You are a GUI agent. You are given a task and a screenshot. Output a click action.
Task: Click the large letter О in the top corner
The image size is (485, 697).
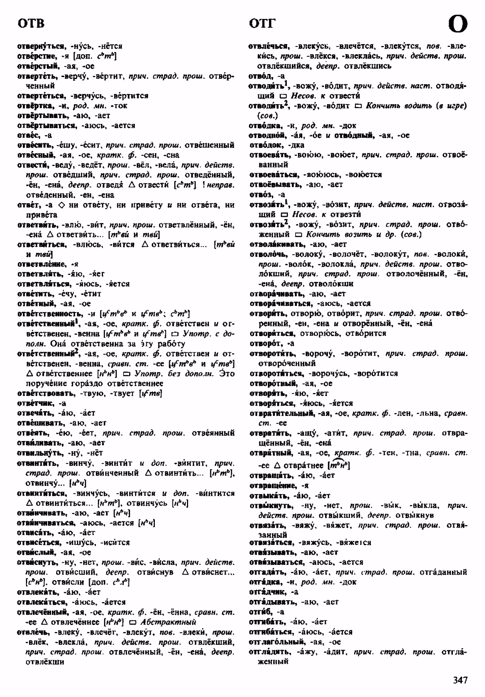click(458, 24)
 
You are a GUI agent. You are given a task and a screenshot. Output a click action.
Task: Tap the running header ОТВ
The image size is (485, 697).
click(31, 24)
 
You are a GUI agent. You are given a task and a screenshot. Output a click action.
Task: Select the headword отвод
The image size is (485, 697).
click(261, 76)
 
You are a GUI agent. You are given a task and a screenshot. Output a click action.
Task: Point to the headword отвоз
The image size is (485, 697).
click(261, 195)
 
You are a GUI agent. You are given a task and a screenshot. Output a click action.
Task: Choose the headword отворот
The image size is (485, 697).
click(266, 343)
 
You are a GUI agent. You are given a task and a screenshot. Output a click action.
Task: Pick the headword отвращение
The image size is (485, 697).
click(274, 486)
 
